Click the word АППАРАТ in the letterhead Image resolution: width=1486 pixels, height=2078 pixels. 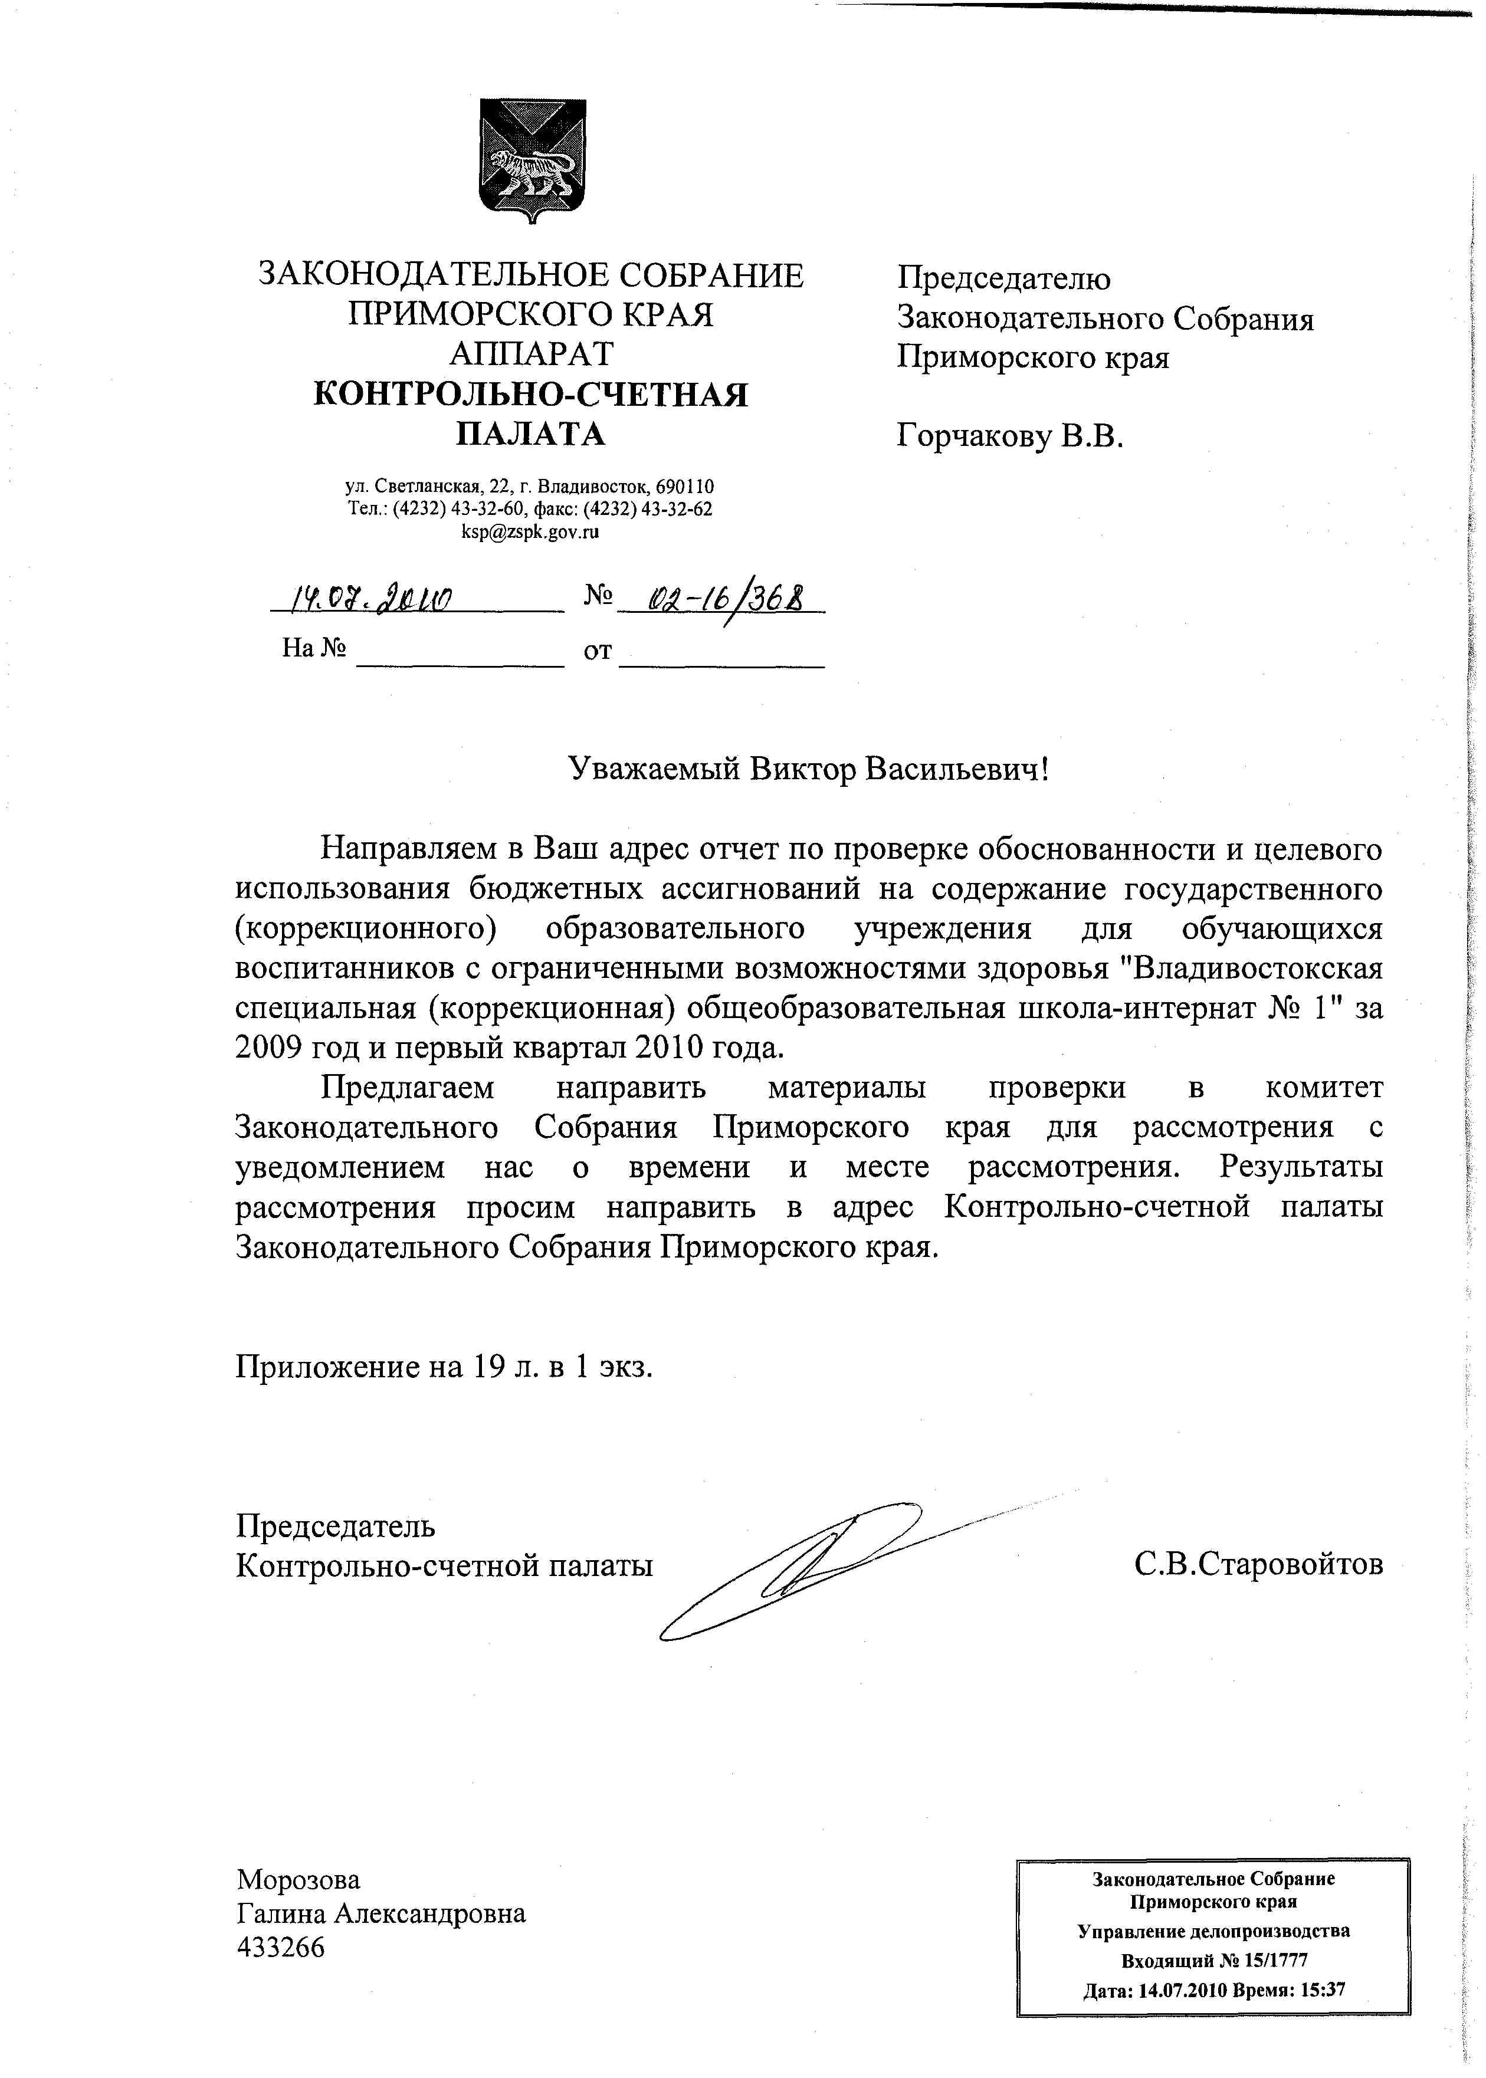click(531, 354)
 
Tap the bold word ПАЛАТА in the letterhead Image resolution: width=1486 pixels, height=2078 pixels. click(531, 434)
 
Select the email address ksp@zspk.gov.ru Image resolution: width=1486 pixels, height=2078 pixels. click(531, 531)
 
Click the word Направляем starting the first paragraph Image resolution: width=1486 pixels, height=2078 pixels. click(409, 849)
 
